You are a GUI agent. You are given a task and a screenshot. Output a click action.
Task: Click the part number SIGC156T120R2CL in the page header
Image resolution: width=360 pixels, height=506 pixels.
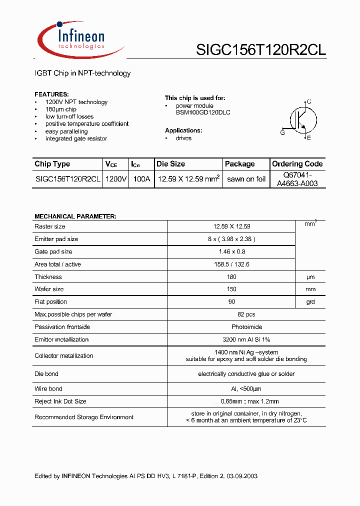pos(260,50)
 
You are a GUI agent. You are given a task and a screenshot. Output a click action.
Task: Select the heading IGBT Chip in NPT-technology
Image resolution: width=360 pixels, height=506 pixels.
pos(82,73)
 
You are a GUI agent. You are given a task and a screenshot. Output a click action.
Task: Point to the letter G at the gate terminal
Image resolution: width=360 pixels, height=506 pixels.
pos(282,132)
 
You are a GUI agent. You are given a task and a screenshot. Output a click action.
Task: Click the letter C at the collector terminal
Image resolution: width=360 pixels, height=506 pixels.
pos(309,101)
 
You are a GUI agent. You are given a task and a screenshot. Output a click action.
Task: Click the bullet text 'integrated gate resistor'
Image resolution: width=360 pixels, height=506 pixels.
pos(76,138)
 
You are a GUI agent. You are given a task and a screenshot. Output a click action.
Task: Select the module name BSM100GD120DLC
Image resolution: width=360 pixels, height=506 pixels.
pos(196,112)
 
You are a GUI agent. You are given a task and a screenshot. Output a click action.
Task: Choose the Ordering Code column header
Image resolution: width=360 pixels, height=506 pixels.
pos(297,164)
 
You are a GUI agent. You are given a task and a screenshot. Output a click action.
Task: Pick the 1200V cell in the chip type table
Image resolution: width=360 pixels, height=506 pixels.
pos(116,179)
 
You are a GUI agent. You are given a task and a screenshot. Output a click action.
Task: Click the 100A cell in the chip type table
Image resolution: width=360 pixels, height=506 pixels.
pos(141,179)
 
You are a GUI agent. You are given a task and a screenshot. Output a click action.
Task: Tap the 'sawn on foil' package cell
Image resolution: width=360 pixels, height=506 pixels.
pos(246,179)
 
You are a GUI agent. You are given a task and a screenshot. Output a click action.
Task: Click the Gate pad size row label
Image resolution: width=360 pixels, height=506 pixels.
pos(53,251)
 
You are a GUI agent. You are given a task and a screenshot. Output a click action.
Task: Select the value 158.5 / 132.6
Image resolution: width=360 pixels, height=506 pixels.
pos(231,264)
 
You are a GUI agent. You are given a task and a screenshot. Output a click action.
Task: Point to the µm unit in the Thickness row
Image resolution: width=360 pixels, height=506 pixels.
pos(310,277)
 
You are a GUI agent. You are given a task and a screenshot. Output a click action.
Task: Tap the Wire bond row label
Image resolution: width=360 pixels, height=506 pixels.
pos(48,388)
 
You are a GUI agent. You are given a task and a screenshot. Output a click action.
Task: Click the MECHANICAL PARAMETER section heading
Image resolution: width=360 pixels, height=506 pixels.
pos(75,216)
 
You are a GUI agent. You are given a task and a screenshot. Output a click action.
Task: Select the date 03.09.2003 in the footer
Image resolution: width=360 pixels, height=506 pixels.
pos(241,476)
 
